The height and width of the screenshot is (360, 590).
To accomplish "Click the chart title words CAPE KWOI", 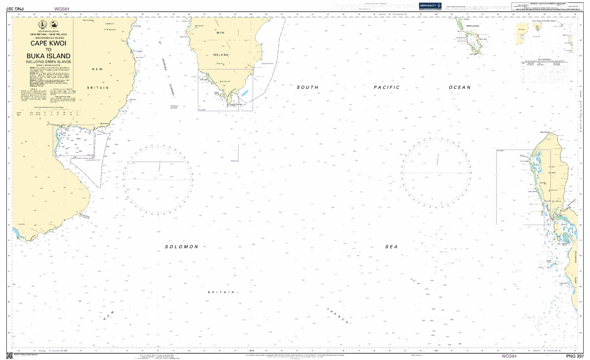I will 48,43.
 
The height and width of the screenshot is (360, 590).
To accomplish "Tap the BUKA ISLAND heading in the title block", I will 48,56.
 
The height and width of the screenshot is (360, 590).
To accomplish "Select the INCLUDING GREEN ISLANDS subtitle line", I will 48,62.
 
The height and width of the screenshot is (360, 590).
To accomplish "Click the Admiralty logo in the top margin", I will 430,6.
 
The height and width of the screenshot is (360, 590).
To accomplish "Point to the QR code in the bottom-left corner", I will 10,356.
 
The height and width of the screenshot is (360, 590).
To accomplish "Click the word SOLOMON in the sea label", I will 182,247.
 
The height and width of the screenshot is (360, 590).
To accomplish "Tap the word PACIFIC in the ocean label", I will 387,87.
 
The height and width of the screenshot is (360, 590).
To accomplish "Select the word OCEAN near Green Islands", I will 460,87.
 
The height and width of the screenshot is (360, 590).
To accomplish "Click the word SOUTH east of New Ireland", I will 307,87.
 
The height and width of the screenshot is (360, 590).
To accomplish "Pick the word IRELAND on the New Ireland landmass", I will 221,55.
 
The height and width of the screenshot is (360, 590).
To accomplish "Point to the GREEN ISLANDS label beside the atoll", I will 472,26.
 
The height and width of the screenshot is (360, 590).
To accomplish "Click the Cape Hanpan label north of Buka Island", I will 545,132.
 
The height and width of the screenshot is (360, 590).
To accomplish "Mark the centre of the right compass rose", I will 436,173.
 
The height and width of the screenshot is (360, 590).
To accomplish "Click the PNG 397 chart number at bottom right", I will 574,356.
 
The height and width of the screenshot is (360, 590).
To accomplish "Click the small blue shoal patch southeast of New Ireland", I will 245,93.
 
